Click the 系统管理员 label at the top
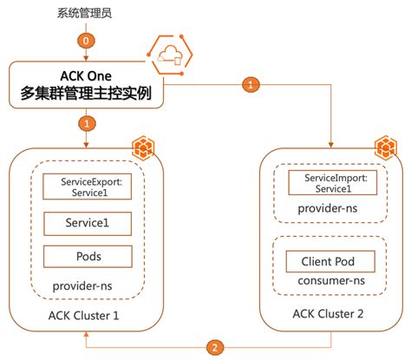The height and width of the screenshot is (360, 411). pos(86,14)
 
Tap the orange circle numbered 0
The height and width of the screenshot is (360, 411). pos(86,40)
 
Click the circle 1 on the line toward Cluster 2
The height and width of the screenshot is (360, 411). pos(251,85)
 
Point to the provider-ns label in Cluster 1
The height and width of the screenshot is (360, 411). pos(85,285)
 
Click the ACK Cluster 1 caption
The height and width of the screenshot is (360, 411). pos(86,314)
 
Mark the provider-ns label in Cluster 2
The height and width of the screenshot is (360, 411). pos(329,211)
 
